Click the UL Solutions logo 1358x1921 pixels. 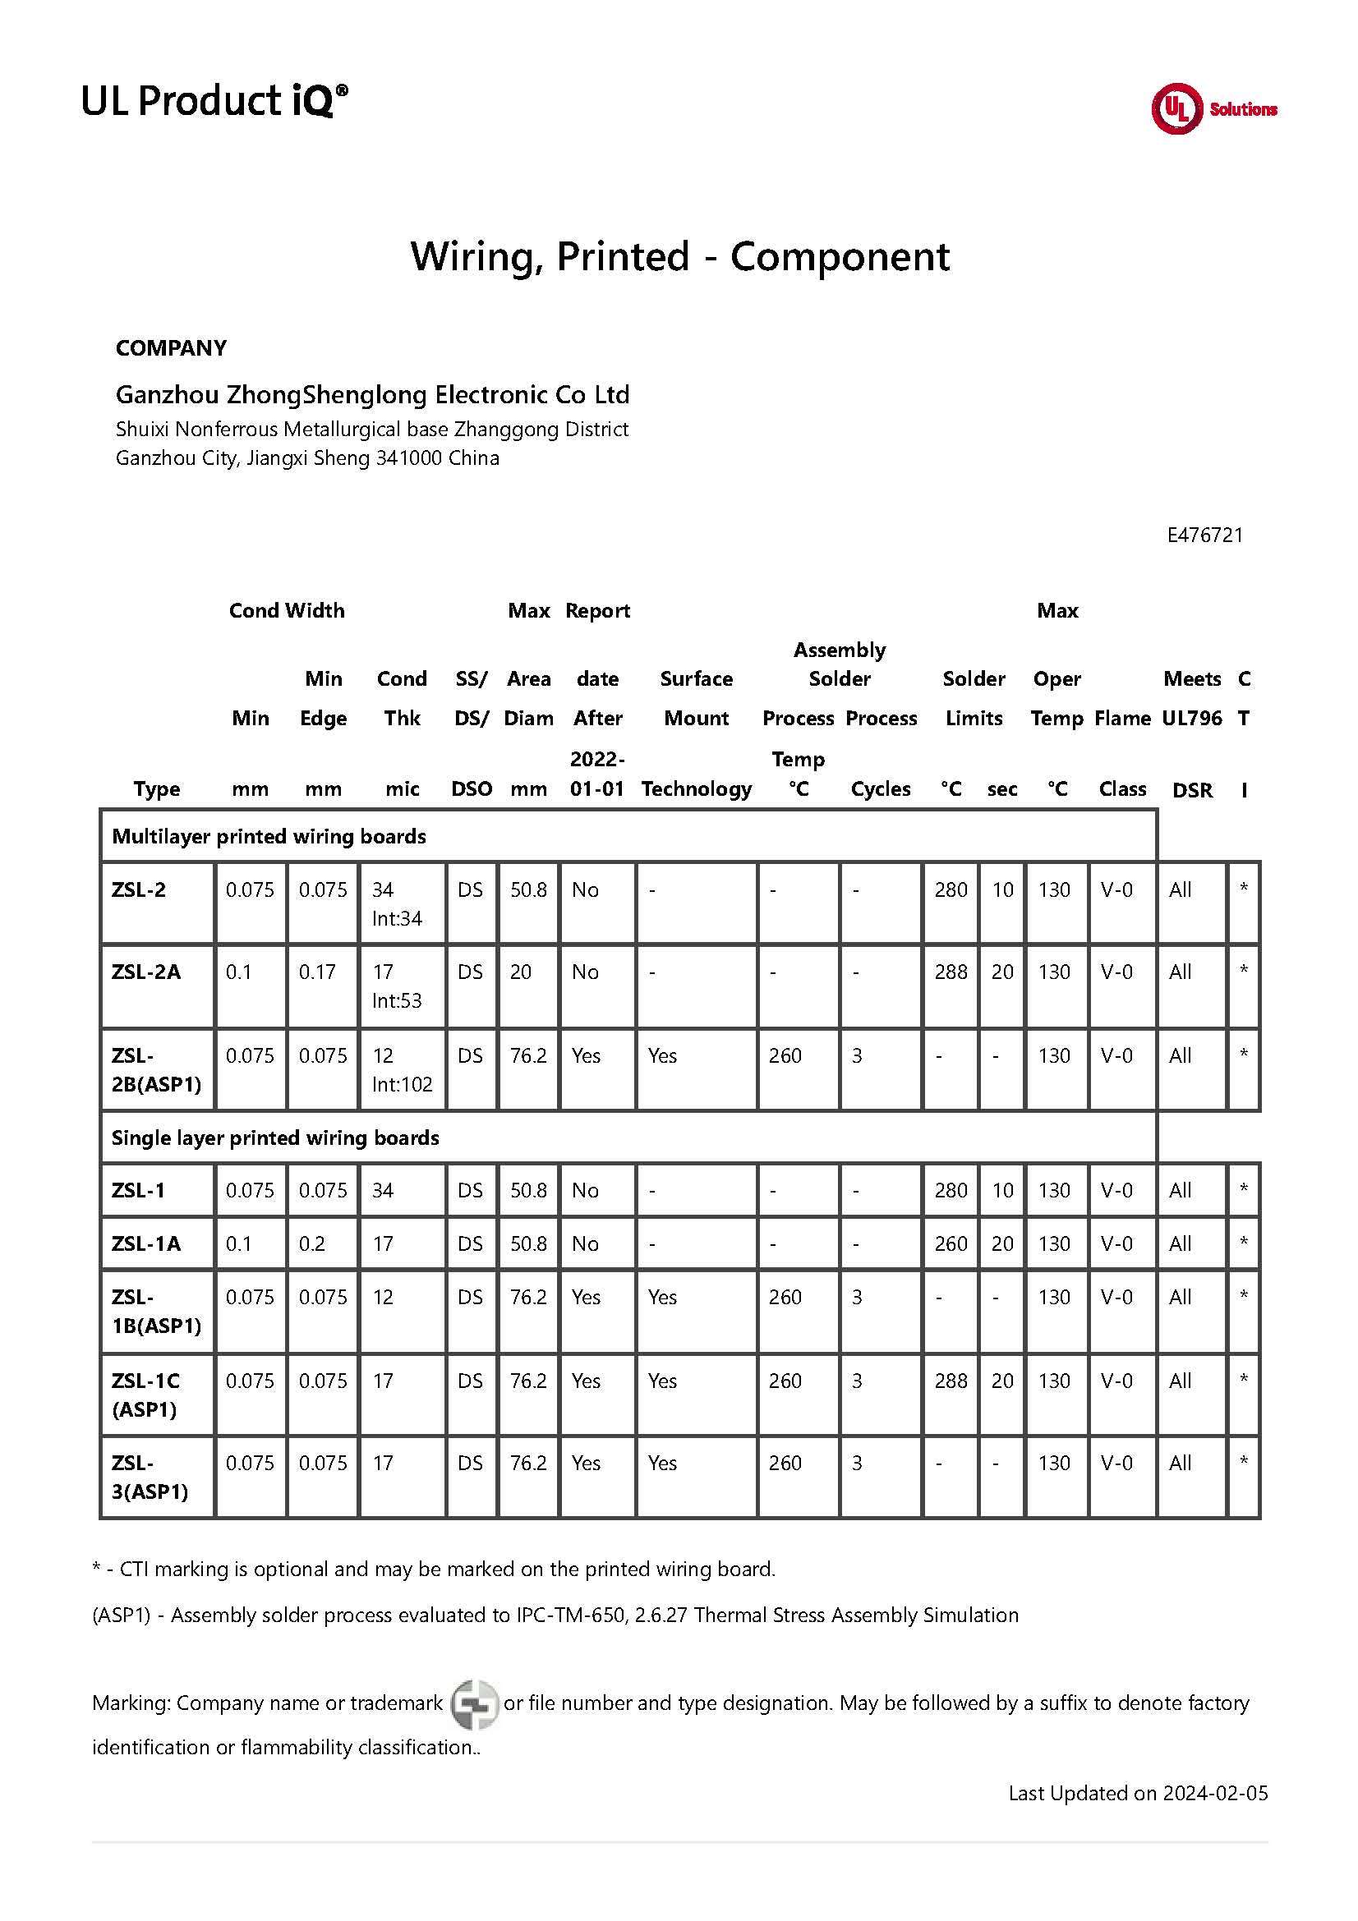point(1213,108)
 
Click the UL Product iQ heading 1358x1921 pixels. point(214,100)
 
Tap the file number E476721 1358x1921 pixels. point(1204,535)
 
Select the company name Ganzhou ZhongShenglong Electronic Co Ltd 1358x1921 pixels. point(371,394)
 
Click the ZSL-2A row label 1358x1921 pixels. point(145,972)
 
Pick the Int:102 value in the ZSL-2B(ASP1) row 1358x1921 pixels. point(402,1084)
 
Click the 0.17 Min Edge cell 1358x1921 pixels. point(317,972)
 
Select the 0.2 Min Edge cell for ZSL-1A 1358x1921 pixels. point(311,1243)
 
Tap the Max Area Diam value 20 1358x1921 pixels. point(520,972)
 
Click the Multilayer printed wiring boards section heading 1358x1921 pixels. point(269,836)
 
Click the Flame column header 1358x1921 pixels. point(1122,718)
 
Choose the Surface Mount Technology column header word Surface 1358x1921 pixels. point(695,678)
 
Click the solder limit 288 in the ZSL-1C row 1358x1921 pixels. point(951,1381)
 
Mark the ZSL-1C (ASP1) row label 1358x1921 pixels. point(145,1395)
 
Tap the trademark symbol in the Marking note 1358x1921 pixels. point(474,1703)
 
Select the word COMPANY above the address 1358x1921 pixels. point(171,348)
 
